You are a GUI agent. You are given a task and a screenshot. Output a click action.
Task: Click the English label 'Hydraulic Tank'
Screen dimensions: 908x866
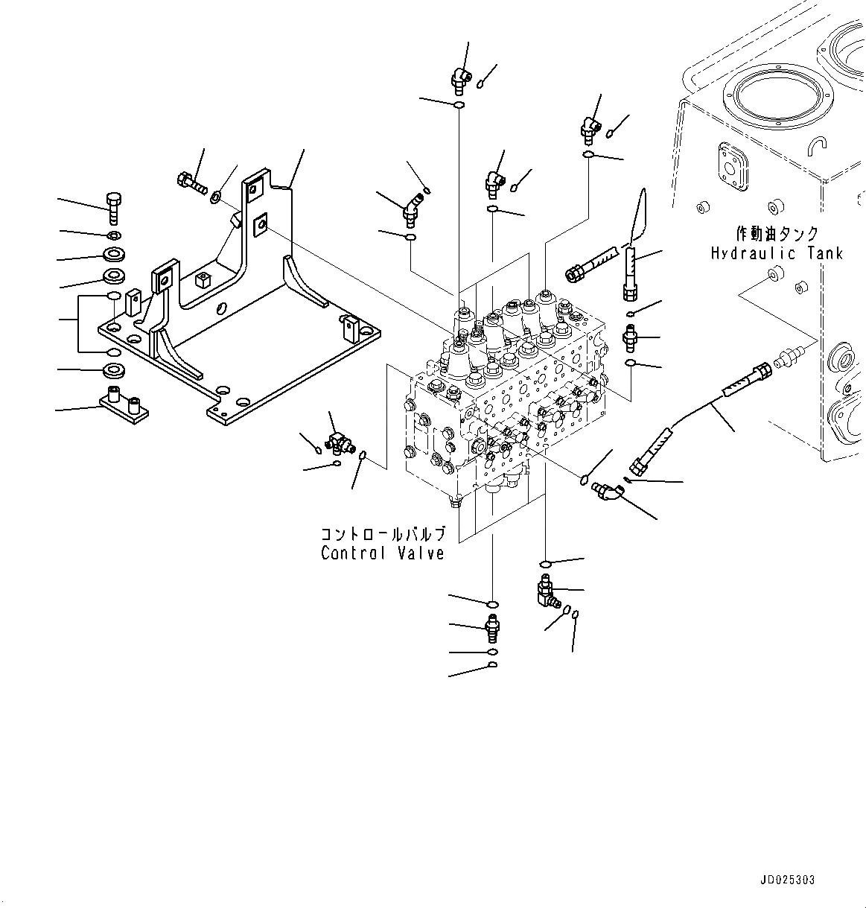[777, 253]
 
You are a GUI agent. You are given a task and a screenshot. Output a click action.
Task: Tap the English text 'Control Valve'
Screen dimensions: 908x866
[383, 553]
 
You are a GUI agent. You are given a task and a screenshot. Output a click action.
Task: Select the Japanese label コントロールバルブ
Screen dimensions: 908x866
[383, 534]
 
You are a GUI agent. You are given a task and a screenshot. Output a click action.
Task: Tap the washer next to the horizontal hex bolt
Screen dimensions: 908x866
[215, 197]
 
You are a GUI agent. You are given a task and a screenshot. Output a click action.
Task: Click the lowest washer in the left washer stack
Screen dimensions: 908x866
[114, 370]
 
